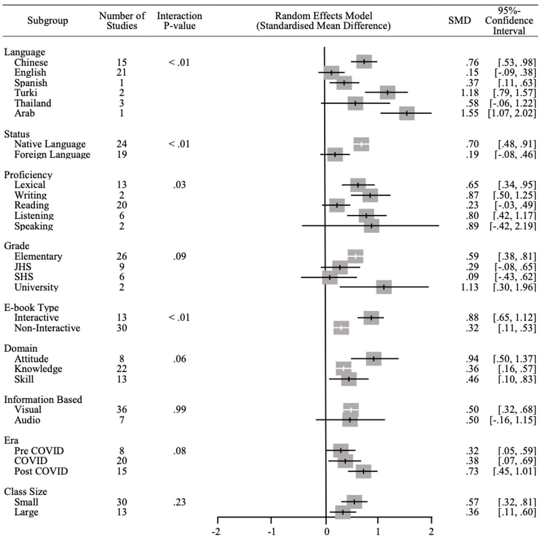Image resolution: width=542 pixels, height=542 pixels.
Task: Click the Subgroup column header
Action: coord(48,21)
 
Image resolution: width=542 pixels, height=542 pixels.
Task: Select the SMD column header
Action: coord(459,21)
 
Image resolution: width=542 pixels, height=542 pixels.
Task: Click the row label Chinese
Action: coord(31,62)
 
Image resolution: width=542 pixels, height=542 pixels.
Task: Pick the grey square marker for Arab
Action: coord(406,113)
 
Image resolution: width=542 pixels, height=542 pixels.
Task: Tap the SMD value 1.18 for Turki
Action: coord(469,93)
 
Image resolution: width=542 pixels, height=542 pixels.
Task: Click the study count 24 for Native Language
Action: coord(122,144)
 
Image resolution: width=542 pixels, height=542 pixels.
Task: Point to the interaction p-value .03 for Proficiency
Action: coord(179,185)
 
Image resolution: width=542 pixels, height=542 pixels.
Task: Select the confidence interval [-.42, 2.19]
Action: coord(512,226)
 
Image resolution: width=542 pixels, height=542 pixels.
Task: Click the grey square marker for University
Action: coord(384,287)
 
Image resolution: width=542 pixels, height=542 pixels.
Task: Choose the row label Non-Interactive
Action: coord(47,328)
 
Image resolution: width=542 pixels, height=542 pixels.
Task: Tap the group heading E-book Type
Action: coord(31,308)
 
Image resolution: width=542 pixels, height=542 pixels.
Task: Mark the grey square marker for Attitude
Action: coord(373,358)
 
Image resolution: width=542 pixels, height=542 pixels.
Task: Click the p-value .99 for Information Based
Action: coord(179,409)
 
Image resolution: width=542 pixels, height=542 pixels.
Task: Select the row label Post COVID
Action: coord(41,471)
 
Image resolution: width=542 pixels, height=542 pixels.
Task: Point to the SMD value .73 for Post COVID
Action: coord(472,471)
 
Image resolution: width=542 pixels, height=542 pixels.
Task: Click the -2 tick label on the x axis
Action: coord(216,532)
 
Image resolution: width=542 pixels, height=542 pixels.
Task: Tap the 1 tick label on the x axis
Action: coord(378,532)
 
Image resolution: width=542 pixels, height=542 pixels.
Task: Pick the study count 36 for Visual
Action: coord(122,409)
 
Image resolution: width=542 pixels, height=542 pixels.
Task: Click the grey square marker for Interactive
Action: coord(371,318)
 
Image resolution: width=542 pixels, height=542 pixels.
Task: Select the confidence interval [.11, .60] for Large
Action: coord(517,512)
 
